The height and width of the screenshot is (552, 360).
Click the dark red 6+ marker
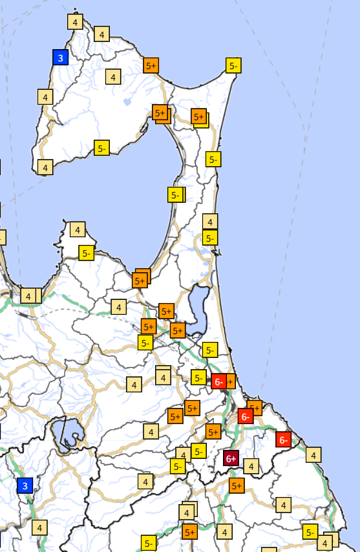coord(231,458)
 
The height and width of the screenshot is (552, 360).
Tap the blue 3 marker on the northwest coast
coord(61,58)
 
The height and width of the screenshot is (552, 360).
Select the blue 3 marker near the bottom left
coord(25,485)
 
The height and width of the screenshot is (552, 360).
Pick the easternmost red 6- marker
coord(283,440)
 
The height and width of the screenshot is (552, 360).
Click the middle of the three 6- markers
coord(246,416)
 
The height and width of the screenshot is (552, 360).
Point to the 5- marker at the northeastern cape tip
coord(233,65)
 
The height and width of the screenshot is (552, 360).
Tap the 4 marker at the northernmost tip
coord(76,22)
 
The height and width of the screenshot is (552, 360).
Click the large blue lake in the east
coord(198,307)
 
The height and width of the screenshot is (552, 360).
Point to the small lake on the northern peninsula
coord(127,102)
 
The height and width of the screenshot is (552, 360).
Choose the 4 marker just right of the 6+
coord(251,465)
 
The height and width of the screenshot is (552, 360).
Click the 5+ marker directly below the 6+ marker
coord(237,485)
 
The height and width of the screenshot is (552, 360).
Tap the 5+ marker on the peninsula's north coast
coord(151,65)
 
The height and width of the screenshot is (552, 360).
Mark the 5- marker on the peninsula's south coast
coord(101,147)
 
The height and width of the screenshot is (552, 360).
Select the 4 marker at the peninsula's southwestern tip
coord(45,167)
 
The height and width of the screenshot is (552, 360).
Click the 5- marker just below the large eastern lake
coord(209,350)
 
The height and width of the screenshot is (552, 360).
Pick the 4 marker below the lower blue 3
coord(39,527)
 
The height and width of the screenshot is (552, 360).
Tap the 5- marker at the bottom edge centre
coord(149,543)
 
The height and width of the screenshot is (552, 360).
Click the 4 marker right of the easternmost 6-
coord(313,454)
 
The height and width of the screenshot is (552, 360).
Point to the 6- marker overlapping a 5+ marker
coord(219,381)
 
